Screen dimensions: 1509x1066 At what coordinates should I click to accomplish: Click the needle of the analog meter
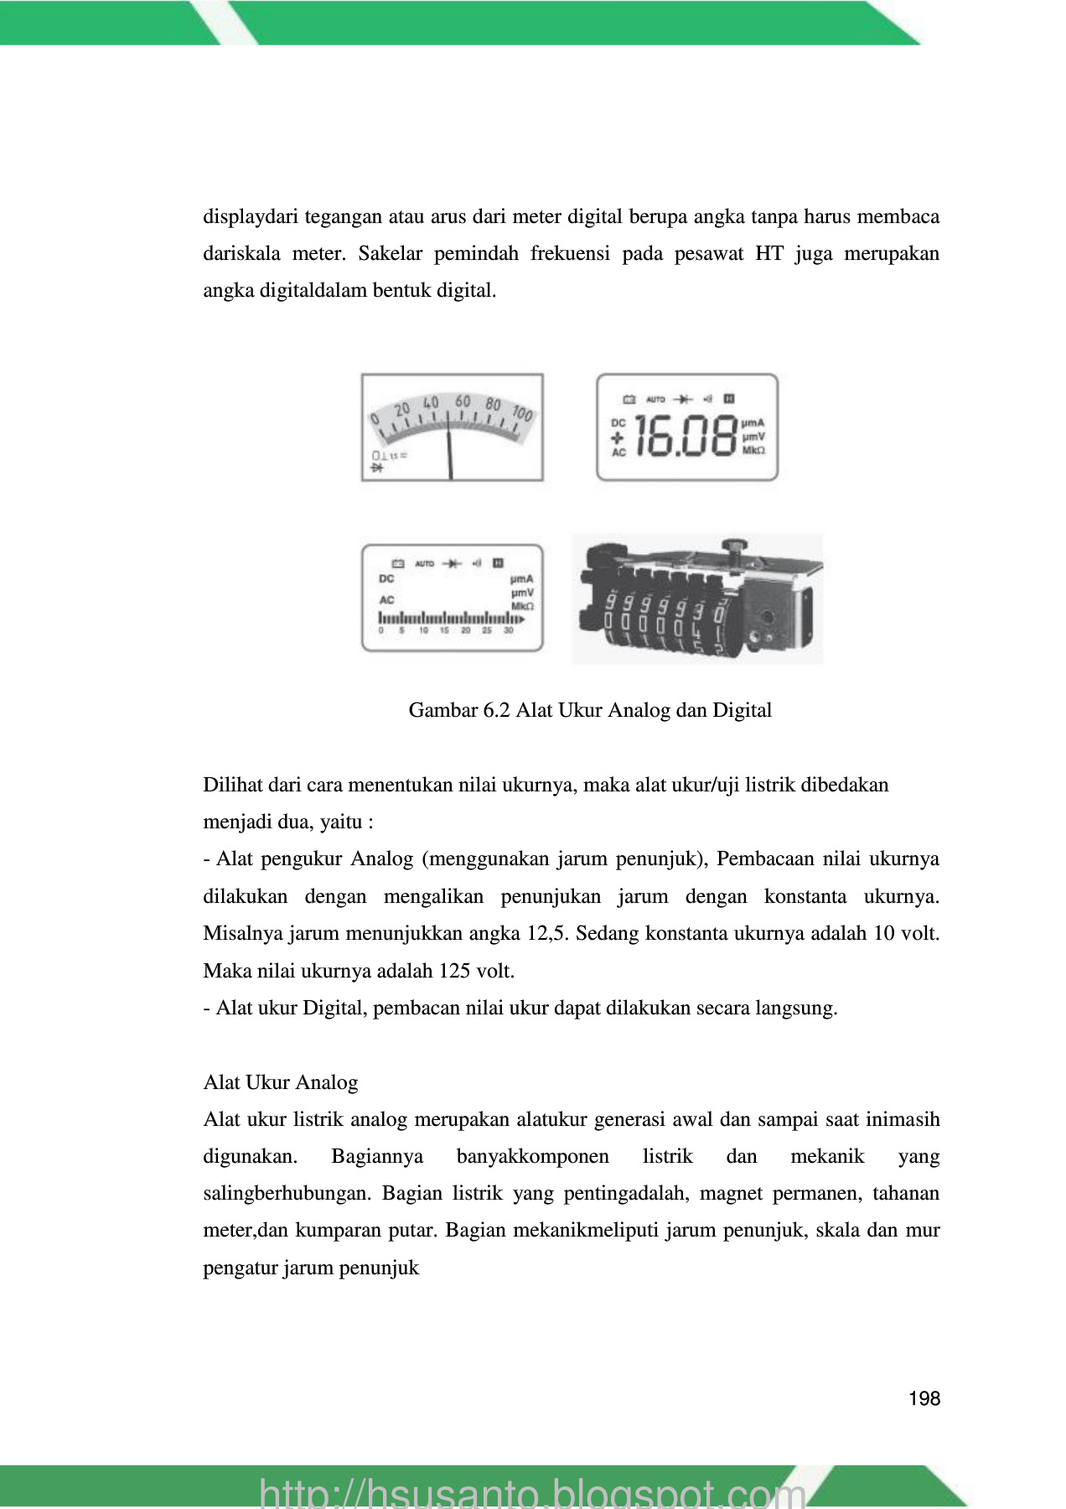tap(450, 453)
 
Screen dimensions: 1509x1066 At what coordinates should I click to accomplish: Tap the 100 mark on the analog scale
tap(522, 413)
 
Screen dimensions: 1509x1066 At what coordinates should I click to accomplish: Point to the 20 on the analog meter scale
tap(402, 408)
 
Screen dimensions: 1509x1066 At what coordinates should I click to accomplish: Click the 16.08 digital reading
tap(685, 437)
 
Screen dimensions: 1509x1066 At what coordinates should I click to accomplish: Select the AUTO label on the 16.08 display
tap(655, 400)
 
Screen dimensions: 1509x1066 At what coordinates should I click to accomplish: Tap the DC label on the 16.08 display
tap(618, 423)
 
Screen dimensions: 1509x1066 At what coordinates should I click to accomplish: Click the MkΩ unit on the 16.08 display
tap(753, 451)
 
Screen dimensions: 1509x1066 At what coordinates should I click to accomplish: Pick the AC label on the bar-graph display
tap(386, 600)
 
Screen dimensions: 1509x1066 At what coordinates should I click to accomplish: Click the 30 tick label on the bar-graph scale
tap(508, 630)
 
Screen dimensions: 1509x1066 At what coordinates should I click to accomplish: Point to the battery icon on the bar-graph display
tap(398, 563)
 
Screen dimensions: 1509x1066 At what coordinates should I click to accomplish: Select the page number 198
tap(924, 1398)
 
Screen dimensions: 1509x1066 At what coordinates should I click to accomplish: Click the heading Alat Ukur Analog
tap(280, 1082)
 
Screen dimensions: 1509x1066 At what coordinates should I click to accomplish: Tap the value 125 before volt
tap(455, 971)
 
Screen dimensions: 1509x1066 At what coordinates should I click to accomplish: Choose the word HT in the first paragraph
tap(768, 254)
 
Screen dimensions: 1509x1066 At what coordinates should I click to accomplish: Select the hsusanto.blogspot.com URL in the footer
tap(533, 1493)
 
